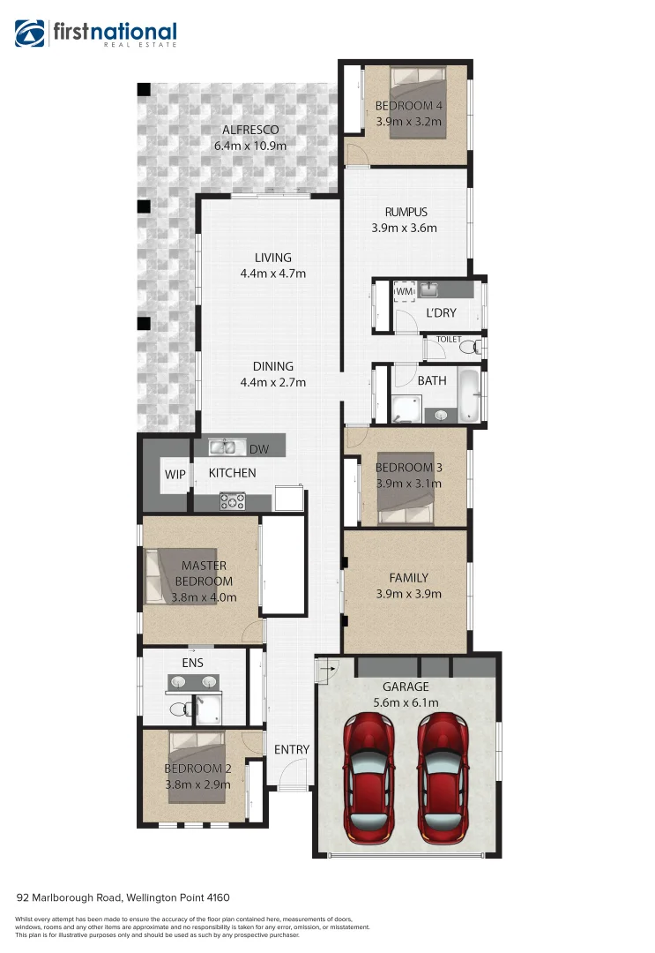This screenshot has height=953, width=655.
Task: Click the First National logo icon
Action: [29, 34]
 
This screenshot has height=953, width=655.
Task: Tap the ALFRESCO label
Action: [250, 130]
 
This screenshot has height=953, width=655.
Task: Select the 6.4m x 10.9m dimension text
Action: [250, 146]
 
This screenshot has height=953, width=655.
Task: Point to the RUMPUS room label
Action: [406, 212]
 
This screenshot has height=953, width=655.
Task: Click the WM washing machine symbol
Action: [404, 291]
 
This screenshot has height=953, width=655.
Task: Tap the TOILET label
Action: [449, 339]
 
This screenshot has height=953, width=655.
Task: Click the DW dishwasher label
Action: [259, 450]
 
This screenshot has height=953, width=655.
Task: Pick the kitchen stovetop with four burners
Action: [233, 501]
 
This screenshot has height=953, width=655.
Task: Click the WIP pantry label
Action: [175, 474]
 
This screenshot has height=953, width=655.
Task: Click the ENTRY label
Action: [292, 749]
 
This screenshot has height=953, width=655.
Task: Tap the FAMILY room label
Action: [408, 578]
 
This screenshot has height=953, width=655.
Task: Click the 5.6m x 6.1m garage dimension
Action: [406, 702]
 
